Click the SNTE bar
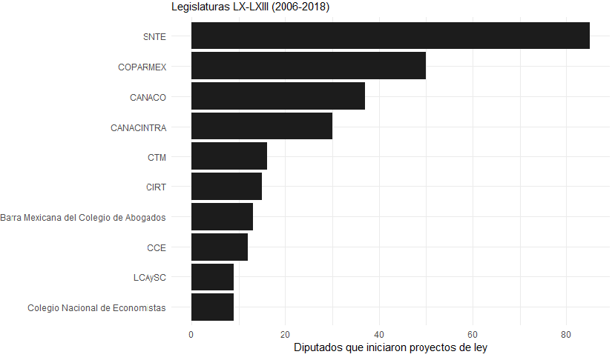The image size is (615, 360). (390, 36)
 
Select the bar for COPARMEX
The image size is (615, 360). (309, 66)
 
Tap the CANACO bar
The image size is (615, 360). (278, 96)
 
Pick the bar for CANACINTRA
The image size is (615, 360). (262, 126)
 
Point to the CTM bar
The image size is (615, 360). (229, 156)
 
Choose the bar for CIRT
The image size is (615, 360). (226, 187)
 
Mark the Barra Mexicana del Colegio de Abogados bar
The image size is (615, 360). (222, 216)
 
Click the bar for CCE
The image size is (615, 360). (220, 247)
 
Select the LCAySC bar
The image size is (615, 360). (212, 277)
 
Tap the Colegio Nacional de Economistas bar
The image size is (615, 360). (212, 307)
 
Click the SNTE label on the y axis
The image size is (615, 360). (154, 36)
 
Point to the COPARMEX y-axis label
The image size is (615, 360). (142, 67)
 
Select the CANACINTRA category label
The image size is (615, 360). (138, 127)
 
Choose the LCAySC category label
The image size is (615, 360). (149, 278)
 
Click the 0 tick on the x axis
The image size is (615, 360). (191, 334)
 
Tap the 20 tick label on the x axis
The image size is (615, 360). (285, 334)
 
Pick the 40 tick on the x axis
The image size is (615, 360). (379, 334)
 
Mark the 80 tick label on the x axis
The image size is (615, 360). (566, 334)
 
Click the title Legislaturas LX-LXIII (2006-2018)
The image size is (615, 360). (250, 7)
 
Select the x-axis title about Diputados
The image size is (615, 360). (390, 347)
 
